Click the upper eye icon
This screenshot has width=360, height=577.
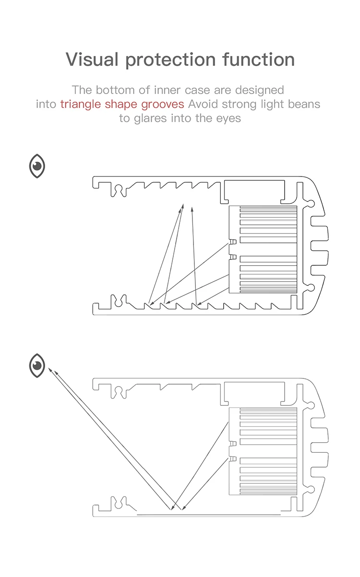click(x=37, y=166)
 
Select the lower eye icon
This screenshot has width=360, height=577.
click(x=37, y=365)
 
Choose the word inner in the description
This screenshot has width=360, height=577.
click(x=168, y=90)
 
